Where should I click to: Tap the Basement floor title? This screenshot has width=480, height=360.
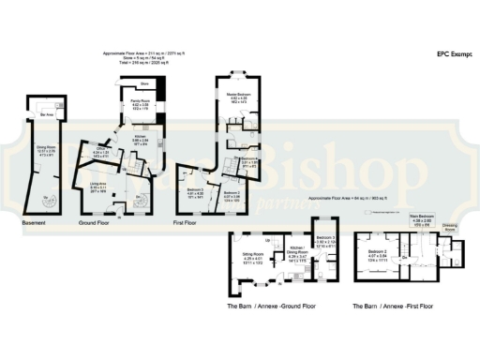click(37, 224)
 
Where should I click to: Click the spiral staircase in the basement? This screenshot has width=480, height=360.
click(49, 201)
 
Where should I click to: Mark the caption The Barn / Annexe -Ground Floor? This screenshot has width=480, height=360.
click(271, 306)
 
